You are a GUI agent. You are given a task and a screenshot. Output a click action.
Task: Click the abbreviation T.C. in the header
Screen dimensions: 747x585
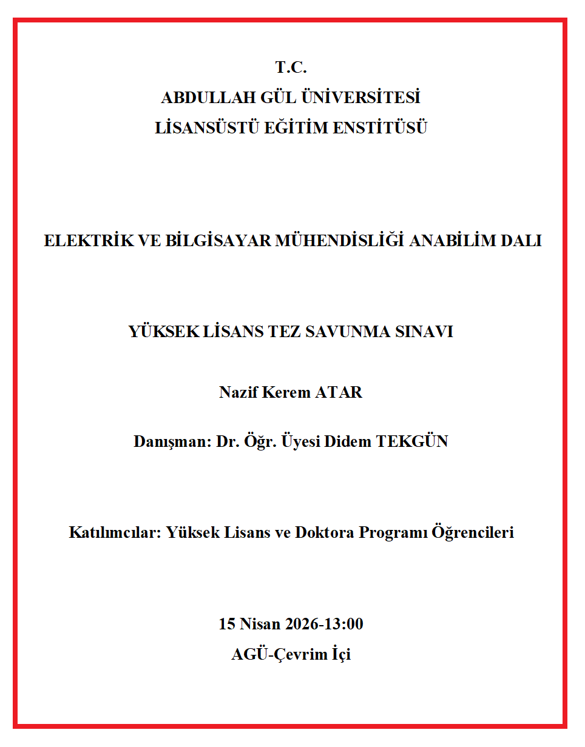coord(291,67)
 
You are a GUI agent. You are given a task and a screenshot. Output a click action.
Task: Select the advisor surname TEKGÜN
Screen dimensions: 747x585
coord(412,441)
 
